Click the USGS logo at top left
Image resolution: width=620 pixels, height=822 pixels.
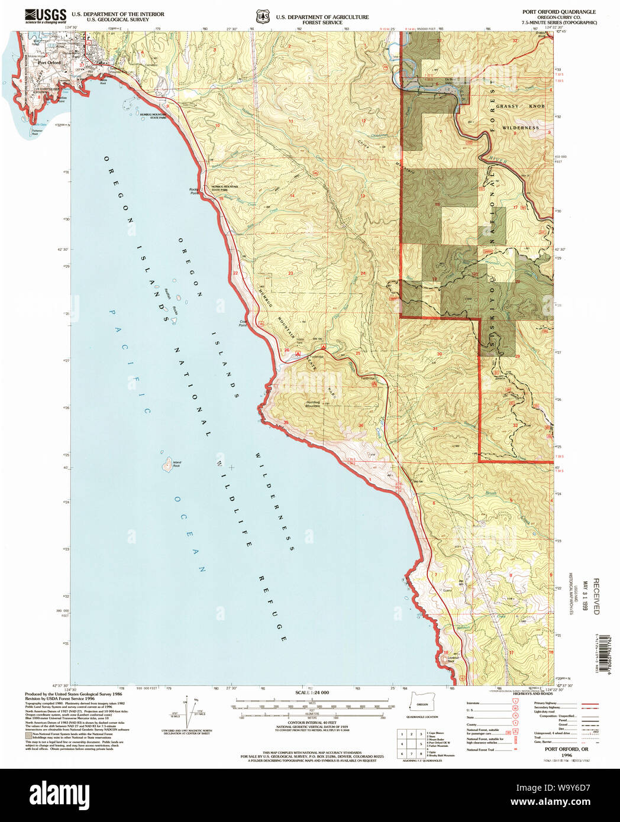pos(45,15)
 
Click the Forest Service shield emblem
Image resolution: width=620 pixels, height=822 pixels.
pos(262,16)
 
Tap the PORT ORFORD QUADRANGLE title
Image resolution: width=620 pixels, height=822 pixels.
pos(558,12)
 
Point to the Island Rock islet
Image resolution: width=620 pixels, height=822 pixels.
pos(167,464)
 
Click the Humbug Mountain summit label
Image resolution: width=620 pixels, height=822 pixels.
pos(313,404)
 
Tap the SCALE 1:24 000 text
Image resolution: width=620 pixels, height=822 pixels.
pos(312,692)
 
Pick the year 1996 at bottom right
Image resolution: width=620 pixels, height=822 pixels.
pos(567,755)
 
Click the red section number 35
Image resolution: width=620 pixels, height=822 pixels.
pos(286,422)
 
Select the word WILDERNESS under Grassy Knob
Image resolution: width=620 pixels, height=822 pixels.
pos(521,128)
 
